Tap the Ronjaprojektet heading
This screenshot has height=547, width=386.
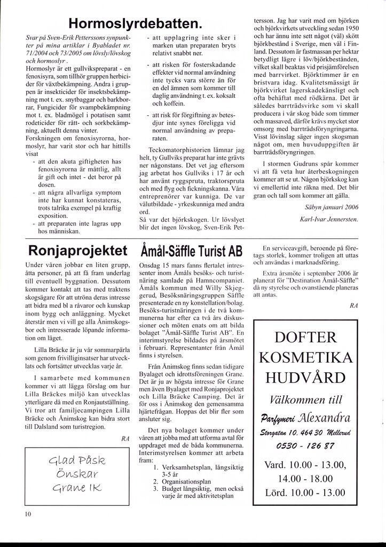78,251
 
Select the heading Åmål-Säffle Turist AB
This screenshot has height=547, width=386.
191,251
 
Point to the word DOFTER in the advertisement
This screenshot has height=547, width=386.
306,338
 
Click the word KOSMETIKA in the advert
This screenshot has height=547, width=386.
306,357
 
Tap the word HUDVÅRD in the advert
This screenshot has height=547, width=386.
306,378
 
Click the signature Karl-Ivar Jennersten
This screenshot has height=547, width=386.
330,219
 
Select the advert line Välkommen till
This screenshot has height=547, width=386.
306,398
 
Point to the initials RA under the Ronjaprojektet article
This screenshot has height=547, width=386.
125,438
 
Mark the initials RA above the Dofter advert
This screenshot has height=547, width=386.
353,306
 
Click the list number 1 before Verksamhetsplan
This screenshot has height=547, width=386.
155,466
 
